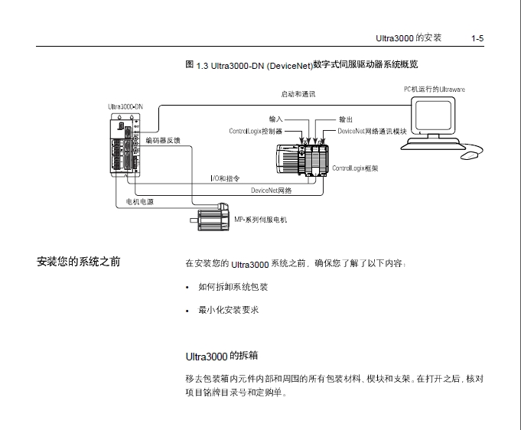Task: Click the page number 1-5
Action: point(477,37)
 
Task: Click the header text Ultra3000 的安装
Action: point(409,37)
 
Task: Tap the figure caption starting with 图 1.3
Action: point(301,65)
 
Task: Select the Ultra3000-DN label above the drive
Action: point(126,106)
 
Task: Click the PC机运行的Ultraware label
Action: point(434,90)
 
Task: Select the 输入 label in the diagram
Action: point(276,119)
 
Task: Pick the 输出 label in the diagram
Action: point(345,119)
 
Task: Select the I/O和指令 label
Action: point(225,178)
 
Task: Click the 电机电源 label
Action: point(140,202)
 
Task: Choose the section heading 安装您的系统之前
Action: point(78,262)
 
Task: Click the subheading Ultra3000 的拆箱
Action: point(221,356)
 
